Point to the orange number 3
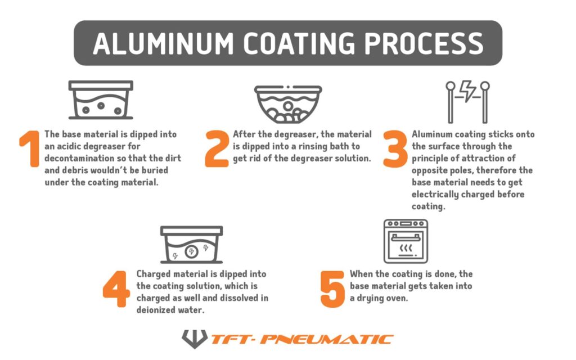coord(395,149)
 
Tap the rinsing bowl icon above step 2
coord(288,104)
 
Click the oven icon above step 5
coord(406,241)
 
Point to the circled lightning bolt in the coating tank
coord(191,251)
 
